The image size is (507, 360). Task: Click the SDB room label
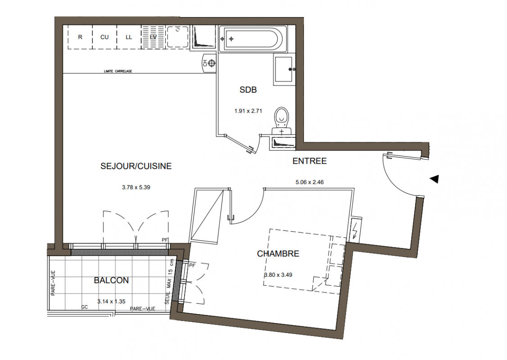pyautogui.click(x=248, y=90)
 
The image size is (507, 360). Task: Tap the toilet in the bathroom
pyautogui.click(x=281, y=121)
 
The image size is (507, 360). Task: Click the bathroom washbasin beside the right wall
pyautogui.click(x=285, y=69)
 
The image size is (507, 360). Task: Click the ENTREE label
pyautogui.click(x=309, y=161)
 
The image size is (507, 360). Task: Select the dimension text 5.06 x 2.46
pyautogui.click(x=309, y=182)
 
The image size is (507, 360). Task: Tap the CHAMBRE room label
pyautogui.click(x=278, y=254)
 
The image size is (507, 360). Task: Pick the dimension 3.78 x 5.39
pyautogui.click(x=136, y=188)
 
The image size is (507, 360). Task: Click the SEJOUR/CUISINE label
pyautogui.click(x=136, y=166)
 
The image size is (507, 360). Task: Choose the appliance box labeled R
pyautogui.click(x=80, y=37)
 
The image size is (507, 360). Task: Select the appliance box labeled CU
pyautogui.click(x=104, y=37)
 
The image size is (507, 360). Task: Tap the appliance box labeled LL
pyautogui.click(x=129, y=37)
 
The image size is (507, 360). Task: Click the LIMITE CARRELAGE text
pyautogui.click(x=118, y=71)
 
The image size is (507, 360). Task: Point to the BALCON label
pyautogui.click(x=111, y=280)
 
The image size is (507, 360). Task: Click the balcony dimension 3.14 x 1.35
pyautogui.click(x=111, y=301)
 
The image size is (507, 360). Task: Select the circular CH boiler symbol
pyautogui.click(x=212, y=63)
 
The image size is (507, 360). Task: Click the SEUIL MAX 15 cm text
pyautogui.click(x=169, y=281)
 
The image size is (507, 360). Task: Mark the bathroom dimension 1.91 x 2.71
pyautogui.click(x=248, y=111)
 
